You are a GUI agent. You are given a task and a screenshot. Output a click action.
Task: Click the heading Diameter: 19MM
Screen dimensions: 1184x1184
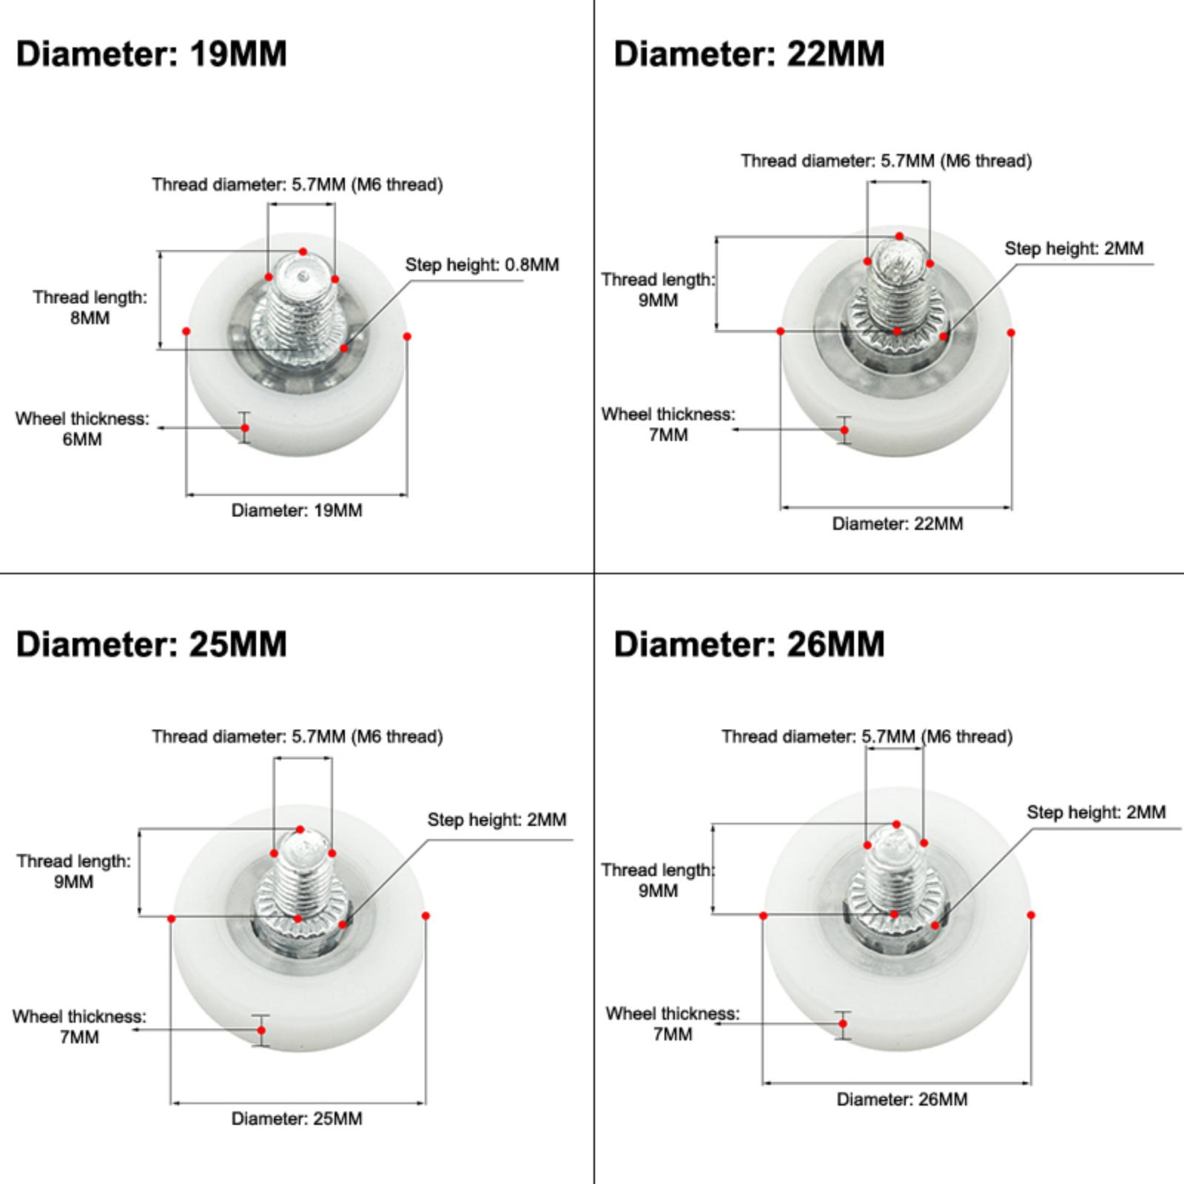pos(151,54)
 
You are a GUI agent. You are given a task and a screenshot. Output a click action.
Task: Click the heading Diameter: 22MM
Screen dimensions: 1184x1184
pos(749,54)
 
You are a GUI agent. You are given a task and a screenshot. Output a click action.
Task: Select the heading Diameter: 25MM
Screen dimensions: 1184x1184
pos(151,644)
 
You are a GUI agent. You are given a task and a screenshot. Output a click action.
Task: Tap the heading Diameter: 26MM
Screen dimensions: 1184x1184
pos(749,644)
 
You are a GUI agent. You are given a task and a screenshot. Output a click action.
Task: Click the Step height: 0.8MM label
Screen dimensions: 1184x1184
pos(482,265)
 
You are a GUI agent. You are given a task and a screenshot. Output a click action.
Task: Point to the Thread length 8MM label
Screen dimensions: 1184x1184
pos(90,307)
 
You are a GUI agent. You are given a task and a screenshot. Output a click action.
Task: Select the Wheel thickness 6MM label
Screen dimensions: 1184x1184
pos(82,428)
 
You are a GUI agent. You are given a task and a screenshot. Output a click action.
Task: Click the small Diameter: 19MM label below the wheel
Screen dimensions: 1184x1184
pos(297,510)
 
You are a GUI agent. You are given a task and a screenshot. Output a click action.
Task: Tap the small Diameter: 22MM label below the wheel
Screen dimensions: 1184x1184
pos(898,523)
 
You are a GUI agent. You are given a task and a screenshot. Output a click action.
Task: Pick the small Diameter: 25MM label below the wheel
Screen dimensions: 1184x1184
pos(297,1118)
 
